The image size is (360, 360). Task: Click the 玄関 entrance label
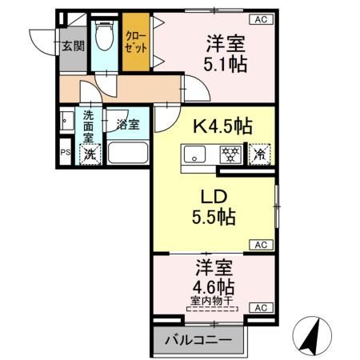pos(73,46)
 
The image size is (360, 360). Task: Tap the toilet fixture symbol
pos(103,37)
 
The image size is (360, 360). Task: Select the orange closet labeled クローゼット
pos(134,46)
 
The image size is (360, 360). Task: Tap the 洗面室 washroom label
pos(88,126)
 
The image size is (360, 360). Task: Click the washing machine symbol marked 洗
pos(90,154)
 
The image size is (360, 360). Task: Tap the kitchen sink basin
pos(195,152)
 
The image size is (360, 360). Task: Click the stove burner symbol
pos(230,152)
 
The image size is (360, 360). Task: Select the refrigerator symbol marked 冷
pos(260,152)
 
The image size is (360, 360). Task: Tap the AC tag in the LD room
pos(261,244)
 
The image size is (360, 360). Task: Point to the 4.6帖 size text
pos(213,286)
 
